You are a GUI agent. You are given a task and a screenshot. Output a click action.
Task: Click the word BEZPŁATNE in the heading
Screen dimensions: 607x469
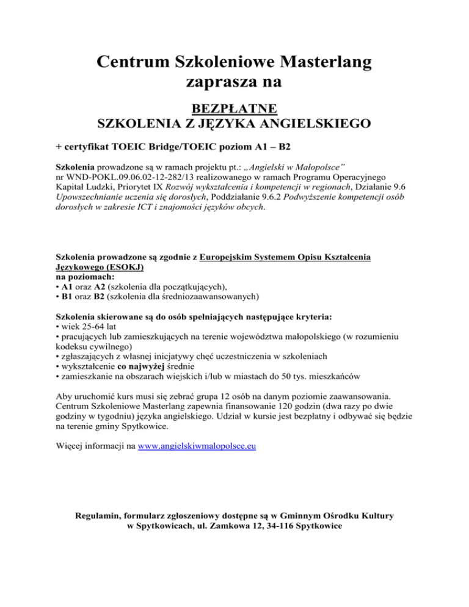click(234, 109)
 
